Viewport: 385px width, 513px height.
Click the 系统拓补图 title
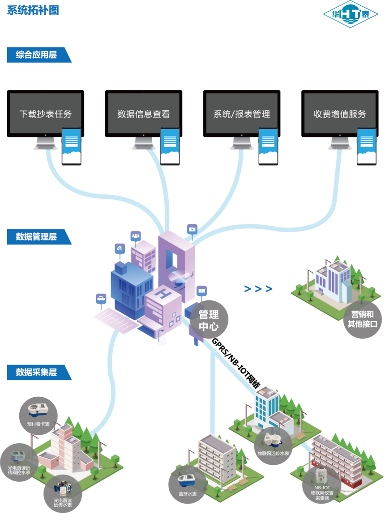tap(33, 10)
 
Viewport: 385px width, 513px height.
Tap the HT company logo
tap(351, 14)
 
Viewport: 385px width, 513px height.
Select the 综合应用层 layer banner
tap(39, 55)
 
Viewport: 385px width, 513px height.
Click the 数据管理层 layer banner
tap(39, 236)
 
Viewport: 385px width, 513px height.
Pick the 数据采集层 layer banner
tap(39, 372)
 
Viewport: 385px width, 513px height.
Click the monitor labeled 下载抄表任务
tap(45, 119)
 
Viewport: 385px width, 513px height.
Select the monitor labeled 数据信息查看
tap(144, 119)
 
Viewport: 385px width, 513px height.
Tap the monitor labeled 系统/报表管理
tap(242, 119)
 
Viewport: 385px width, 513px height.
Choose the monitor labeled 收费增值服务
tap(340, 119)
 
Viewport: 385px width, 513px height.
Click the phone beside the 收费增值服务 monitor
tap(367, 146)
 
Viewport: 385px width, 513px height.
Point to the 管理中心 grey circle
tap(209, 320)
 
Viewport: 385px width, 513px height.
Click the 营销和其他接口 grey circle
tap(362, 319)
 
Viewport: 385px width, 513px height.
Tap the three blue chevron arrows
tap(258, 289)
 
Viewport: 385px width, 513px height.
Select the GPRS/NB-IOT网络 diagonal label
tap(236, 363)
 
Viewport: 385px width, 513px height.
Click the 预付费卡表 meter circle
tap(38, 416)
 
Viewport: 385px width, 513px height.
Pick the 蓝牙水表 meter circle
tap(188, 485)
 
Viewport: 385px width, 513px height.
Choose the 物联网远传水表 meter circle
tap(273, 446)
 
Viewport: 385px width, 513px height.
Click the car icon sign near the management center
tap(101, 299)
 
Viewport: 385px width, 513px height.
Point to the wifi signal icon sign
tap(120, 249)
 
